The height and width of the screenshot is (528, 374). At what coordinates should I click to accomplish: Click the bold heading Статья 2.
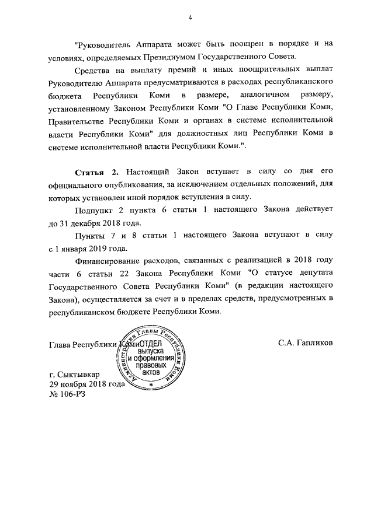97,172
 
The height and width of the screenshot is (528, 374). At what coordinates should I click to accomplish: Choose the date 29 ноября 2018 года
87,384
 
